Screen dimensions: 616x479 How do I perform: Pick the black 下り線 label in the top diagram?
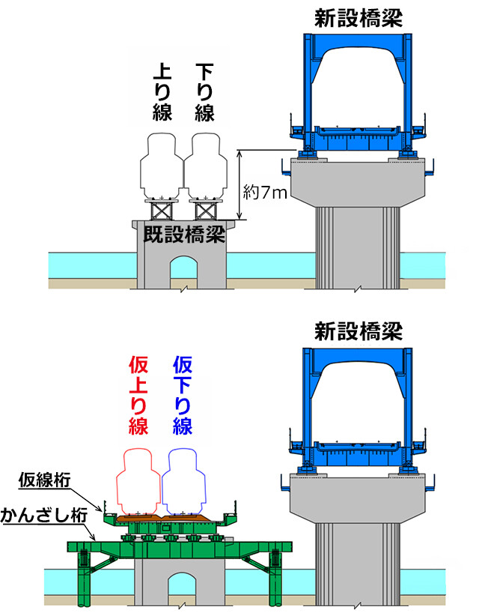(x=204, y=92)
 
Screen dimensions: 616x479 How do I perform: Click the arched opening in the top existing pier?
(x=181, y=271)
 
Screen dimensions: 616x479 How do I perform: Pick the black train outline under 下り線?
(x=204, y=164)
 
